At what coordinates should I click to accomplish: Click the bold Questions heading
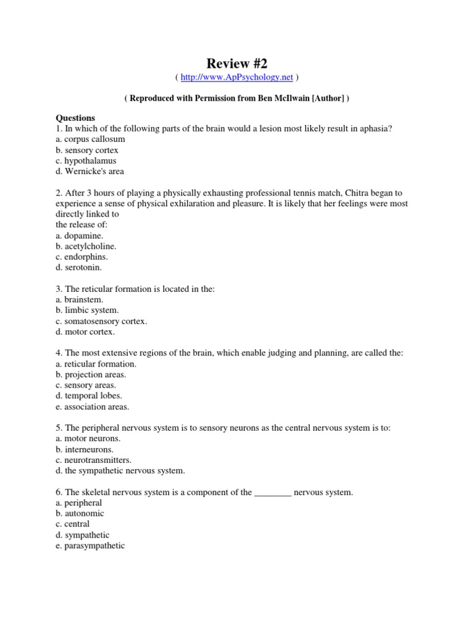[75, 118]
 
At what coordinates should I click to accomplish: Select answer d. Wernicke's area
[89, 172]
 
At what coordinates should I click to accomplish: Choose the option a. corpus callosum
[90, 139]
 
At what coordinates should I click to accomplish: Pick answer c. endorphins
[81, 257]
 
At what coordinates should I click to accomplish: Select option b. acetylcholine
[86, 246]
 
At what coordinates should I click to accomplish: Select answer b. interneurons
[85, 449]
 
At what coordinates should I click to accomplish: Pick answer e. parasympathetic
[90, 546]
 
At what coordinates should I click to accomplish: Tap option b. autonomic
[80, 513]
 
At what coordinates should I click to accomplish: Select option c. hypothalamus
[86, 160]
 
